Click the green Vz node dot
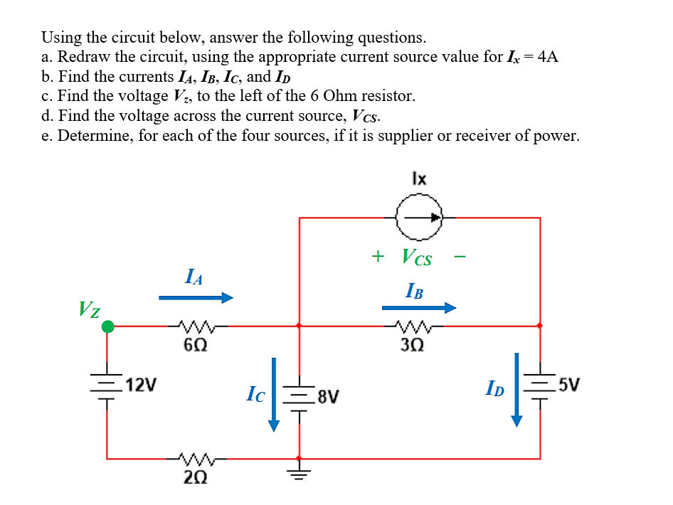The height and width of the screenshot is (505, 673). point(107,326)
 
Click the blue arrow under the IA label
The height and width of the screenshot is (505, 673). point(196,298)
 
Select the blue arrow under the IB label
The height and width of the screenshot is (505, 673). point(418,308)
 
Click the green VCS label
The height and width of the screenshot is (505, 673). point(416,257)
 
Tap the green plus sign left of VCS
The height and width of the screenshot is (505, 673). point(378,255)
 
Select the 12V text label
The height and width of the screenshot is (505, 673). point(140,386)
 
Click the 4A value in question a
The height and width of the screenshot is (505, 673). point(548,58)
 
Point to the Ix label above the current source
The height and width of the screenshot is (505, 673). point(419,179)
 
